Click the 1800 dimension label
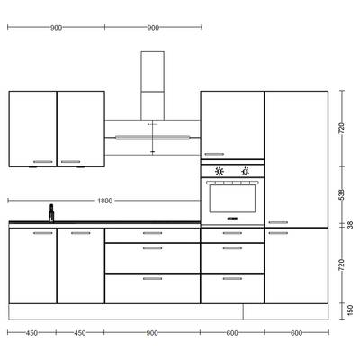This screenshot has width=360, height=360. (105, 201)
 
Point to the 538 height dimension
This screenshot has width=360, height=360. (342, 194)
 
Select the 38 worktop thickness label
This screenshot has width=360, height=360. (350, 225)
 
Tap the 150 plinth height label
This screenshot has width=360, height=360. (350, 310)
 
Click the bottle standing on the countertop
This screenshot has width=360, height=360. (51, 213)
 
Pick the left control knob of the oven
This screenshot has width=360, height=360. (220, 171)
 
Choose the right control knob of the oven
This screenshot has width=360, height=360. (246, 171)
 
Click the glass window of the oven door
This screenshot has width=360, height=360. (232, 199)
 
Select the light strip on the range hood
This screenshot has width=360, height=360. (153, 138)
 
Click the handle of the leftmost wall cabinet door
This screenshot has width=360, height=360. (42, 162)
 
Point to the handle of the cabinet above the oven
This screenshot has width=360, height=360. (214, 154)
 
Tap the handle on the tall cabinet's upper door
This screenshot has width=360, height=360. (278, 222)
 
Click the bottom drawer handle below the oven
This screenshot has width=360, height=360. (232, 279)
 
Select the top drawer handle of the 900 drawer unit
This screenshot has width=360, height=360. (153, 233)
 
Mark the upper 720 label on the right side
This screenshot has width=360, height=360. (342, 129)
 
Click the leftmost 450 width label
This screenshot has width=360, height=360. (31, 333)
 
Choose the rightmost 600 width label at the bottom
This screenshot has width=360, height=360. (296, 333)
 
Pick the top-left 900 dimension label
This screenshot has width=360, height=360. (56, 28)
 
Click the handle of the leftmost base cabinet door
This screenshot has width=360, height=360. (42, 233)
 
